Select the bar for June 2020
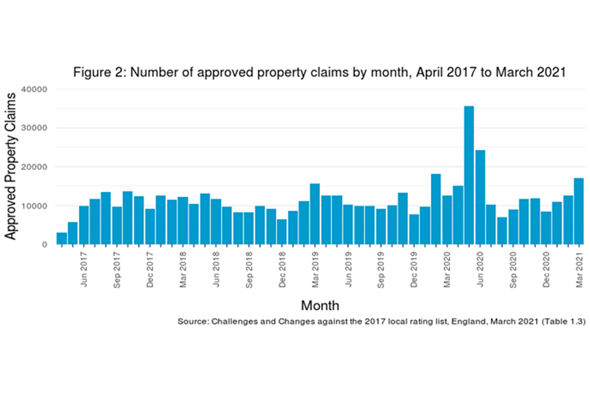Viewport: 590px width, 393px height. (480, 196)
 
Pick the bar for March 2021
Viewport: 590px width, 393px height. (578, 211)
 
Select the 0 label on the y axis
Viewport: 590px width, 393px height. (45, 244)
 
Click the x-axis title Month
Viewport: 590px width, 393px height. (320, 305)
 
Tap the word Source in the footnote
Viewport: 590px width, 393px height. (193, 322)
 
